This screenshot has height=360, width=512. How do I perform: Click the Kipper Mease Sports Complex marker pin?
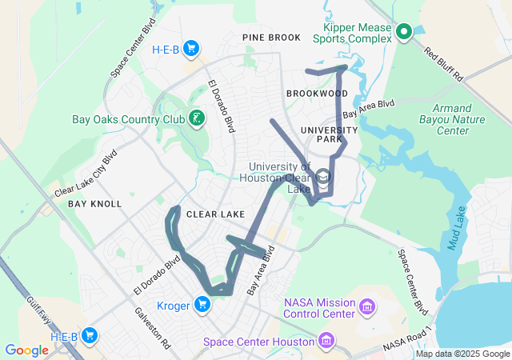404,32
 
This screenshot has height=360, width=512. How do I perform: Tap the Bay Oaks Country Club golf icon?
196,119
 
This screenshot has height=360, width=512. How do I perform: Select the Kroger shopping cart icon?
202,303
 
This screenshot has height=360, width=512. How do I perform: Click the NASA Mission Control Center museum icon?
367,307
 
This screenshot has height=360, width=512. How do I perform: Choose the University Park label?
328,134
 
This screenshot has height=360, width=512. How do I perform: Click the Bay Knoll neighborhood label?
94,204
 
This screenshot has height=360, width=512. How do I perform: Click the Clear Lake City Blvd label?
86,174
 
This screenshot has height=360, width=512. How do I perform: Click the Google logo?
26,350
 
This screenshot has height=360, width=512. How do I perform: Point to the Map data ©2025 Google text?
462,354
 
